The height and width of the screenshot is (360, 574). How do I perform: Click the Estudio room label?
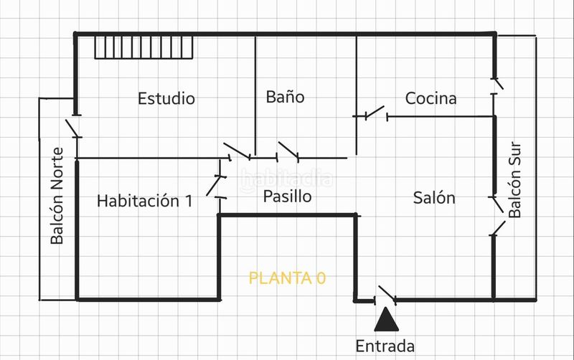tap(166, 98)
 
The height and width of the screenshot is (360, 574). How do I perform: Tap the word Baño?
tap(285, 97)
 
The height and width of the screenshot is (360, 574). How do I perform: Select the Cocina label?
tap(431, 98)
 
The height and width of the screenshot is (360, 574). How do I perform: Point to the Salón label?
tap(434, 197)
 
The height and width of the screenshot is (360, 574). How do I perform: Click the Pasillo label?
tap(288, 196)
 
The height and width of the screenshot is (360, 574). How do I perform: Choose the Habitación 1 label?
tap(145, 201)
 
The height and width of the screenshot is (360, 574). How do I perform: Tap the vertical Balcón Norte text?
tap(57, 196)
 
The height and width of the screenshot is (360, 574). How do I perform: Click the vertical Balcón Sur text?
tap(514, 179)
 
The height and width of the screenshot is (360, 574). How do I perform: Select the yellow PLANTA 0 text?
tap(287, 278)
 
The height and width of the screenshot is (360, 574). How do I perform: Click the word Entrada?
tap(385, 346)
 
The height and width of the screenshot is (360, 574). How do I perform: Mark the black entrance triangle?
tap(386, 319)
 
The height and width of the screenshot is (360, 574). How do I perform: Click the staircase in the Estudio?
tap(144, 47)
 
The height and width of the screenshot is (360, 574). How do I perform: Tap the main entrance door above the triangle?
tap(385, 295)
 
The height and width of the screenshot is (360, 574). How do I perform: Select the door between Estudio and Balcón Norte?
tap(73, 128)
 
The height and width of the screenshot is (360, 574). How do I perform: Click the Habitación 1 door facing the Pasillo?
tap(217, 186)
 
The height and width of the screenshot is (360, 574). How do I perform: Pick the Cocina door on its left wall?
tap(373, 113)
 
